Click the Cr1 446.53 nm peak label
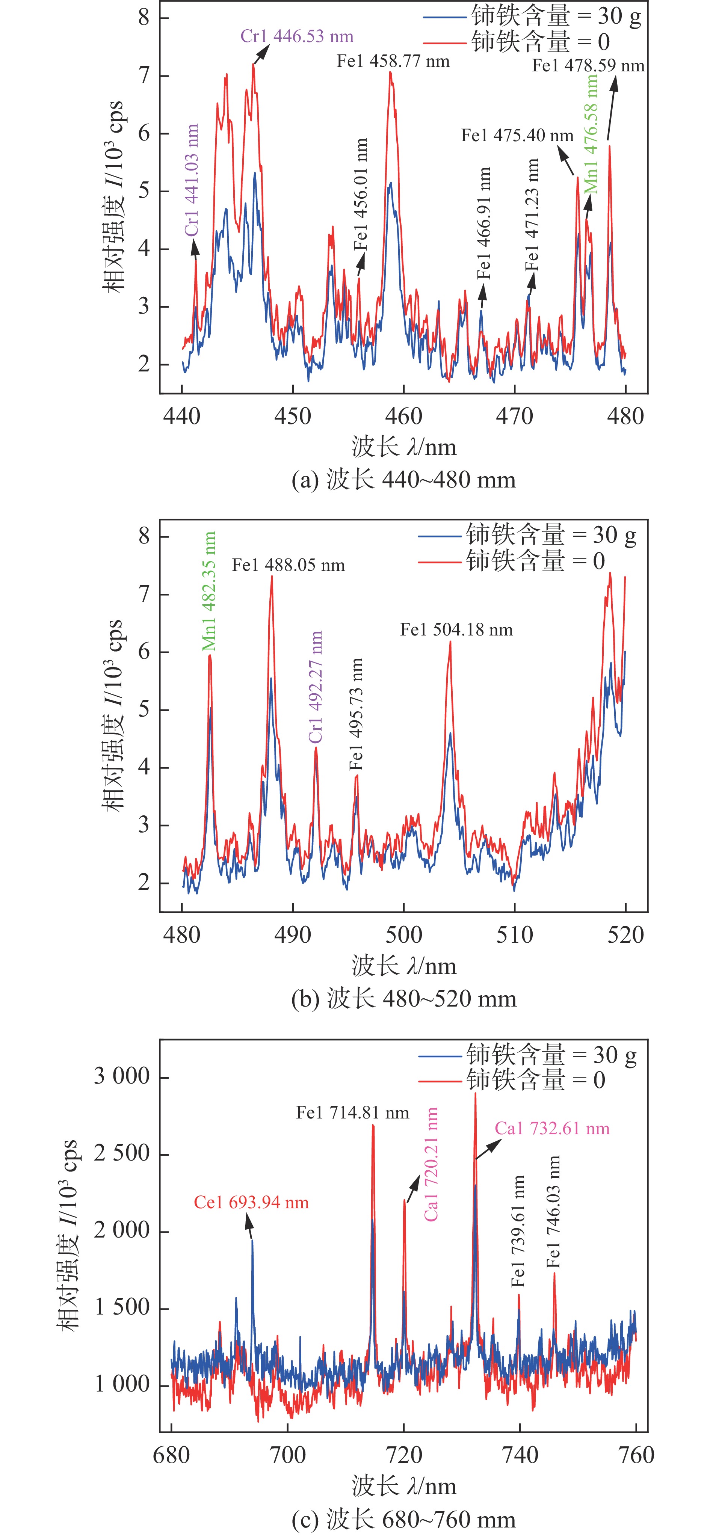(297, 36)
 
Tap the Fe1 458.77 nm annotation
(393, 61)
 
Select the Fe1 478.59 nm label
(588, 66)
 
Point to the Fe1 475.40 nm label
(517, 136)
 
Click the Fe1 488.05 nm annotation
(289, 565)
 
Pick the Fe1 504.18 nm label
(456, 630)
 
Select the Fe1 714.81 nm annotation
(352, 1113)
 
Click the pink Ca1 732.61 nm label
(552, 1129)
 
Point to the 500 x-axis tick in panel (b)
(403, 934)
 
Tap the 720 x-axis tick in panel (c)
(403, 1455)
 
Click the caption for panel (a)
(403, 480)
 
